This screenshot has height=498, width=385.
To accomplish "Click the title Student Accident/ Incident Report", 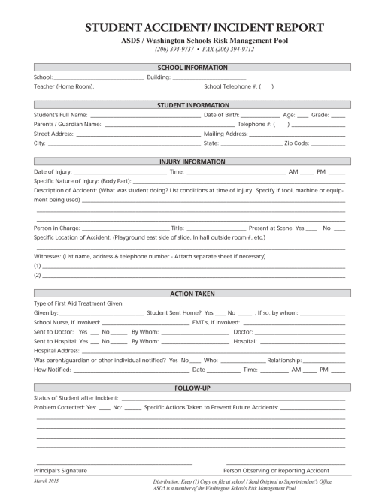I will click(192, 28).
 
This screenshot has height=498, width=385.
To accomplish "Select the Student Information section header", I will click(192, 105).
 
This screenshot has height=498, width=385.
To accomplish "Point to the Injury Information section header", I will click(192, 161).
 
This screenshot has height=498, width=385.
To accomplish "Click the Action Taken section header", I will click(192, 293).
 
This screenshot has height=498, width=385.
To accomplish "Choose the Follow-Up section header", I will click(192, 388).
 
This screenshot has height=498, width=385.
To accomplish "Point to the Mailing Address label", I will click(226, 134).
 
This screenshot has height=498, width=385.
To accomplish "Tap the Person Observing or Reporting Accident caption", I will click(276, 470).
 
